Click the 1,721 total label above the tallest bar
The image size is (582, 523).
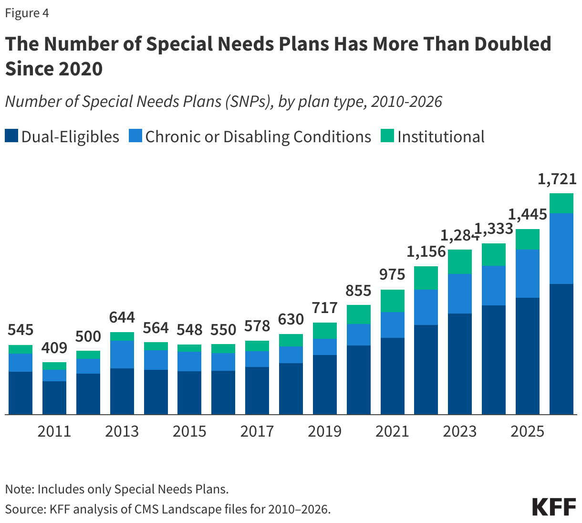click(557, 179)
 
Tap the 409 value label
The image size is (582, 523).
click(54, 348)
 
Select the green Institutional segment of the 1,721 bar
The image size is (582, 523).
click(561, 203)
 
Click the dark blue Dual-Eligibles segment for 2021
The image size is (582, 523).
click(392, 376)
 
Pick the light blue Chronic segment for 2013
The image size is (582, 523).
click(122, 354)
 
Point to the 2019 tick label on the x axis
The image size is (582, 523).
click(324, 431)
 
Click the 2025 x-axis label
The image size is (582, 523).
click(527, 431)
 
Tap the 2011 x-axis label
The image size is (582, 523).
click(54, 431)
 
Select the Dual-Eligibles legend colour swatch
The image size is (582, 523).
click(11, 136)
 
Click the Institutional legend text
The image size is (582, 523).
click(441, 136)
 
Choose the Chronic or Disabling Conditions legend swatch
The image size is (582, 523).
click(135, 136)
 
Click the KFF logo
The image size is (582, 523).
click(554, 507)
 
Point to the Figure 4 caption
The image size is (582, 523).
click(27, 13)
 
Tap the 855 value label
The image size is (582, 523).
click(358, 291)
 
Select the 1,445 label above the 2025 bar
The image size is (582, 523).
click(527, 215)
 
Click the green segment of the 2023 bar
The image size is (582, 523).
click(460, 261)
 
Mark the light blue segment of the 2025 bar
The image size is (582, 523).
click(527, 273)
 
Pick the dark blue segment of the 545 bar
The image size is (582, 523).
click(21, 393)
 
